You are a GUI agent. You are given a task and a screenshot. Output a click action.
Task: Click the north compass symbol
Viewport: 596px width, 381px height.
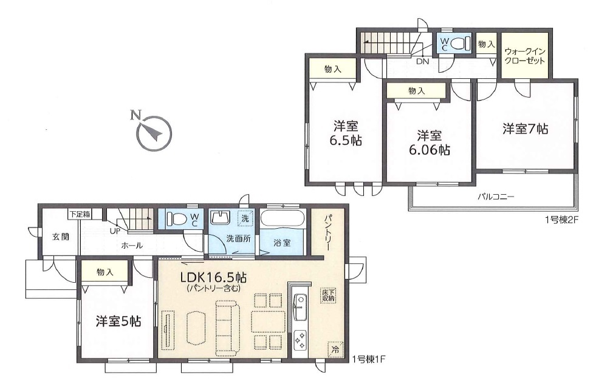click(x=152, y=133)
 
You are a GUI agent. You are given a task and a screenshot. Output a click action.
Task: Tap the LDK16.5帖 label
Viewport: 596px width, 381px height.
click(x=213, y=278)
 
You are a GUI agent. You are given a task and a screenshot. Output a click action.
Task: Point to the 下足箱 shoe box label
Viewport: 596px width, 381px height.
click(x=79, y=214)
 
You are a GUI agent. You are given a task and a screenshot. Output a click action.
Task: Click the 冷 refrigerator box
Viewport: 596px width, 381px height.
click(x=335, y=350)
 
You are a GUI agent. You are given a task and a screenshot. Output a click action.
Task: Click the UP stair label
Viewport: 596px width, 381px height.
click(x=114, y=231)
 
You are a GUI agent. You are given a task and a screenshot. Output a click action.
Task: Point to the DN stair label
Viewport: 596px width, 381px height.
click(x=422, y=61)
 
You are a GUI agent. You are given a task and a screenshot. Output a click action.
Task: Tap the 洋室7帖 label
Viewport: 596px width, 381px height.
click(x=525, y=129)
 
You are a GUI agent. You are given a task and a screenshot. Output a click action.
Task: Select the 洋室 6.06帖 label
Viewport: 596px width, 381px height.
click(x=428, y=143)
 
